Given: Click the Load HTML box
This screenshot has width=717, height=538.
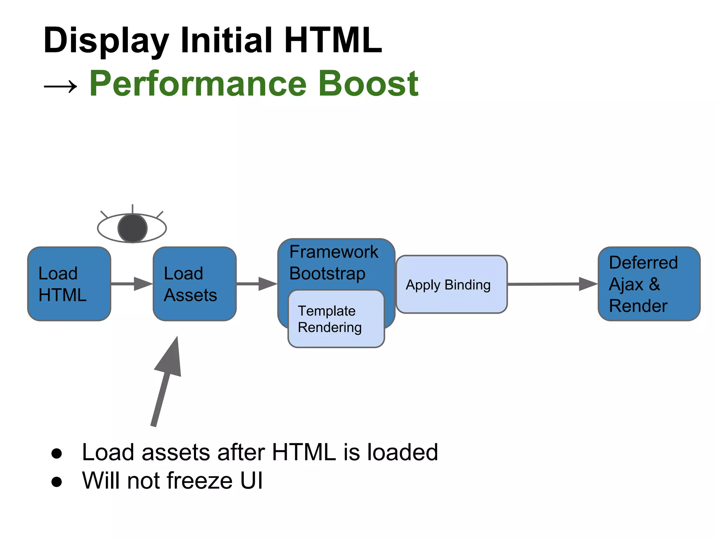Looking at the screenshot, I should click(69, 284).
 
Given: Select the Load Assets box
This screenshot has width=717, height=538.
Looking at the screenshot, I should click(194, 284).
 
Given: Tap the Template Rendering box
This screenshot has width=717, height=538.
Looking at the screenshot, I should click(336, 319).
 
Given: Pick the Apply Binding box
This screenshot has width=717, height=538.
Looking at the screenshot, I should click(451, 284).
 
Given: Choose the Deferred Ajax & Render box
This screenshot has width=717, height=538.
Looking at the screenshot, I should click(649, 284).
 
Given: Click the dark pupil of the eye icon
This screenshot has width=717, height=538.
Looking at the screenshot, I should click(132, 228).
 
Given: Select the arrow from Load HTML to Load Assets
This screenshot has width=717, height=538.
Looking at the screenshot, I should click(131, 284).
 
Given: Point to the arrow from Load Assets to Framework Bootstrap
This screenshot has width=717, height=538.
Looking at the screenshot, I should click(257, 284).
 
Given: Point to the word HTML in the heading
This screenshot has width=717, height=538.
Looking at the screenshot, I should click(333, 40).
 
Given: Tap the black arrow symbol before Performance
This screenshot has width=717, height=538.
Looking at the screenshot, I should click(60, 86).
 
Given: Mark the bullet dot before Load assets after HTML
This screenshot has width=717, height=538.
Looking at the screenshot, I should click(56, 453).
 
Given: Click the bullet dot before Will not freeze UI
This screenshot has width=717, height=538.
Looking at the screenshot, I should click(56, 482).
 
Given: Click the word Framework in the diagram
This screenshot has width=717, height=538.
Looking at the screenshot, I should click(334, 252).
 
